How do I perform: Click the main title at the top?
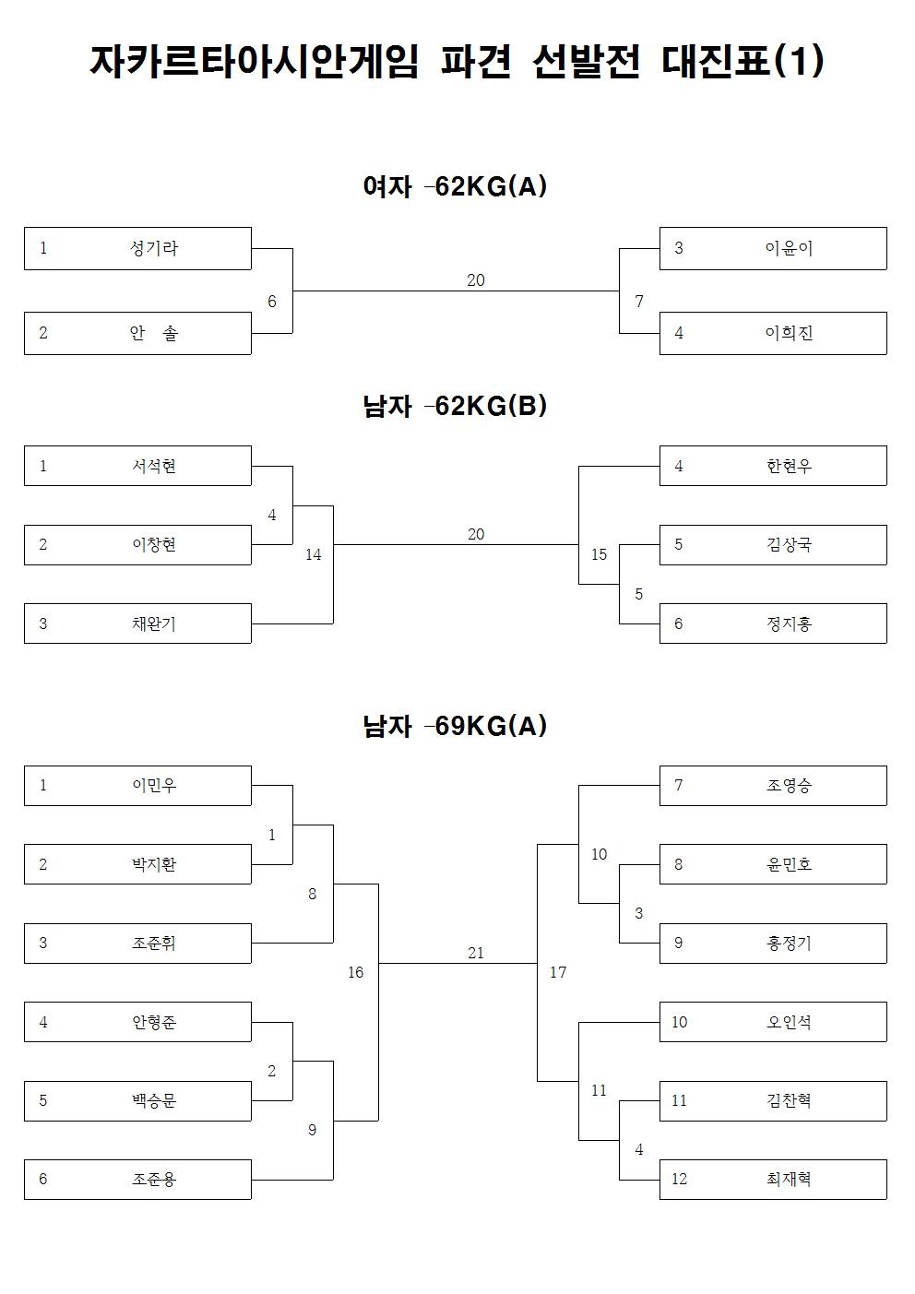coord(457,63)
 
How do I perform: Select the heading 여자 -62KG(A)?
coord(455,187)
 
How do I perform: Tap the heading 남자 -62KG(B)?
coord(455,406)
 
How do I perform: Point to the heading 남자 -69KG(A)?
coord(455,726)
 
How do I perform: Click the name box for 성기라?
coord(137,248)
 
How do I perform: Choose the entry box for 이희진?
coord(772,333)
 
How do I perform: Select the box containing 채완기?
coord(137,623)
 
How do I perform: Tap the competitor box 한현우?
coord(772,466)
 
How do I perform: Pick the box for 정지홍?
coord(772,623)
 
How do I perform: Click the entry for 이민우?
coord(137,786)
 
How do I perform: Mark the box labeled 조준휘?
coord(137,944)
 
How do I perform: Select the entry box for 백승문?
coord(137,1101)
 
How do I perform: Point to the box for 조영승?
coord(772,786)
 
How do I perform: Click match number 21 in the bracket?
coord(476,954)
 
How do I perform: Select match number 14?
coord(314,555)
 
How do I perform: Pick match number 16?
coord(356,973)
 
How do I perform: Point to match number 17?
coord(558,973)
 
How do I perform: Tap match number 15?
coord(600,555)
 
